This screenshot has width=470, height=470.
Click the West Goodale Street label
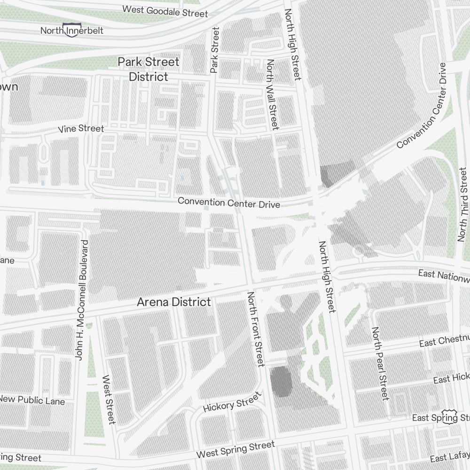pyautogui.click(x=164, y=11)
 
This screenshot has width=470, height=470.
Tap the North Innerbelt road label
pyautogui.click(x=72, y=31)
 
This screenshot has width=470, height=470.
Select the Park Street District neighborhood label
pyautogui.click(x=149, y=69)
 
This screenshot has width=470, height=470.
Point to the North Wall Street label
pyautogui.click(x=272, y=94)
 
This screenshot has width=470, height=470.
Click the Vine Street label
pyautogui.click(x=81, y=128)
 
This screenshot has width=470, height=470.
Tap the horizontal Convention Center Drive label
pyautogui.click(x=229, y=203)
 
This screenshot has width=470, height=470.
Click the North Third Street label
pyautogui.click(x=463, y=205)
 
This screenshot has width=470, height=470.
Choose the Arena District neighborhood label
pyautogui.click(x=174, y=302)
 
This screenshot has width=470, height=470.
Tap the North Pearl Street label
pyautogui.click(x=380, y=364)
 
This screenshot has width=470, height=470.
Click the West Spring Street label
pyautogui.click(x=235, y=450)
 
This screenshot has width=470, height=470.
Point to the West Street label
pyautogui.click(x=109, y=399)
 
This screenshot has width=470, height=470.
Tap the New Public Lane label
pyautogui.click(x=32, y=400)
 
